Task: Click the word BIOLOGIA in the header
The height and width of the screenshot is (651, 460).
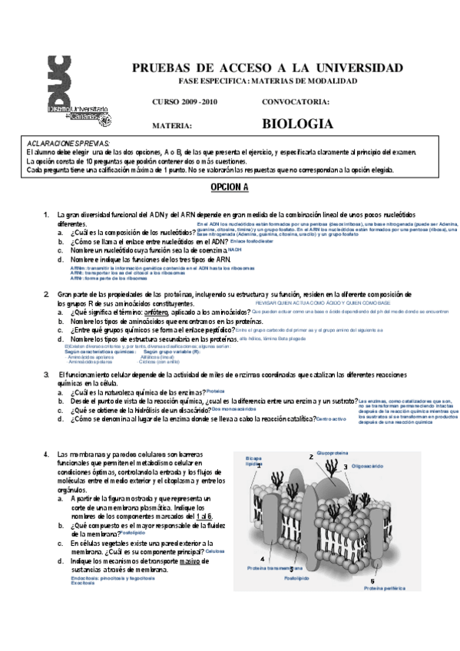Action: coord(297,124)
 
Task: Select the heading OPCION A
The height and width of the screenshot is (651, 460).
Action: coord(230,187)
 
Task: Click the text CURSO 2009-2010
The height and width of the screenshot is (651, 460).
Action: coord(184,101)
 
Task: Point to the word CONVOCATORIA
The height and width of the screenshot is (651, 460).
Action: coord(296,101)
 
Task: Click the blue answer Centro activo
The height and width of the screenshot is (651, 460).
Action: coord(332,418)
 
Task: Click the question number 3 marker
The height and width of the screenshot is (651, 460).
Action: coord(46,374)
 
